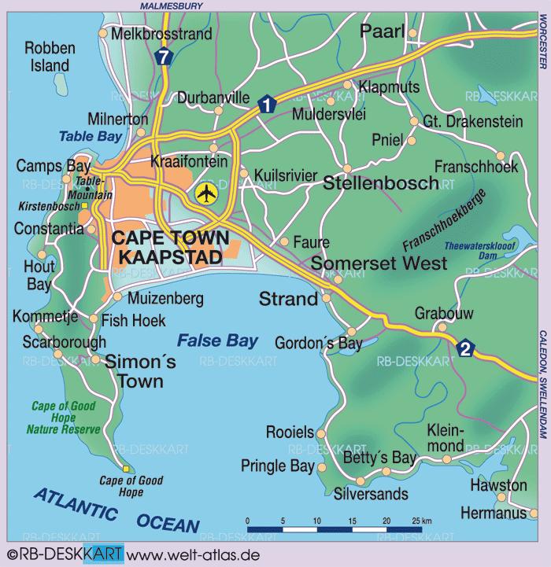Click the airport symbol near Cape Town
click(206, 193)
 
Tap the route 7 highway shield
click(163, 57)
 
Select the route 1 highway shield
click(266, 103)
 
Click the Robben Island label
click(49, 57)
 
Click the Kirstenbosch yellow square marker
click(85, 206)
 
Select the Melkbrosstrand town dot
click(103, 34)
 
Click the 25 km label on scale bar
click(421, 521)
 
